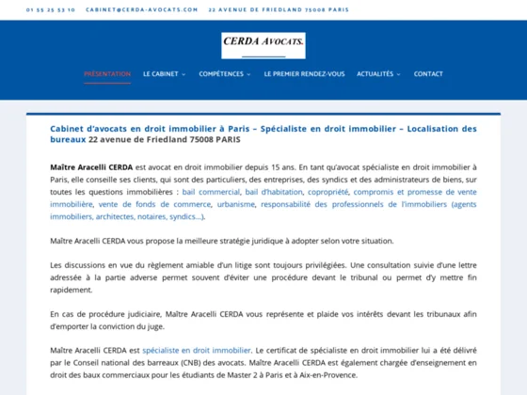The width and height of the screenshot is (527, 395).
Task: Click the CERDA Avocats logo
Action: [x=263, y=42]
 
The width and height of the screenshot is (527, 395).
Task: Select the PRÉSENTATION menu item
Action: [x=107, y=73]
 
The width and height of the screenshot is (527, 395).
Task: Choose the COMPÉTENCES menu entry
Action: [x=222, y=73]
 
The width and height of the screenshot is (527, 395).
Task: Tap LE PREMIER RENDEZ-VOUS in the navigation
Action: [x=304, y=73]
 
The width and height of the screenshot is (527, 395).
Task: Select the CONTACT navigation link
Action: [x=428, y=73]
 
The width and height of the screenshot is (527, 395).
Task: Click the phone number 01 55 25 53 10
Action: [x=51, y=9]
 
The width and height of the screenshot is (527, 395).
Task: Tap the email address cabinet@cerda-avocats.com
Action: [x=141, y=9]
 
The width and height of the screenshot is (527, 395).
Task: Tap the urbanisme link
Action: [x=235, y=203]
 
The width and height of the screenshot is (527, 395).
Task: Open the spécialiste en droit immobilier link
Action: [x=197, y=350]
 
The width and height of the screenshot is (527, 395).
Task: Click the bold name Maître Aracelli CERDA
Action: [x=92, y=166]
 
